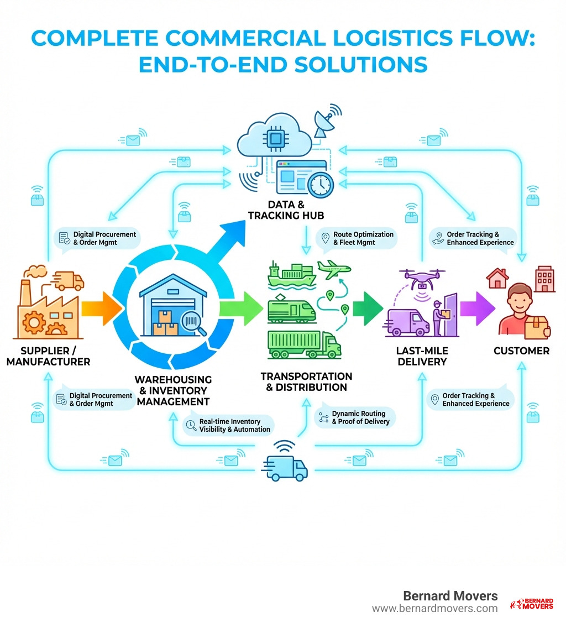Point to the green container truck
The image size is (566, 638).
click(304, 344)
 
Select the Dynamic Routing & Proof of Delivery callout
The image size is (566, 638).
click(355, 417)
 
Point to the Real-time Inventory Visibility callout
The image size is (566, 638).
click(229, 425)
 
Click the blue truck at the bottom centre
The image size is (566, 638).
click(286, 467)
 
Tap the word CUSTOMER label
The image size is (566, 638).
click(521, 351)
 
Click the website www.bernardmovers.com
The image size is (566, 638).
click(434, 608)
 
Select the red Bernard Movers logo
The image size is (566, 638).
click(531, 604)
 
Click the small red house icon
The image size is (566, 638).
click(497, 278)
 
